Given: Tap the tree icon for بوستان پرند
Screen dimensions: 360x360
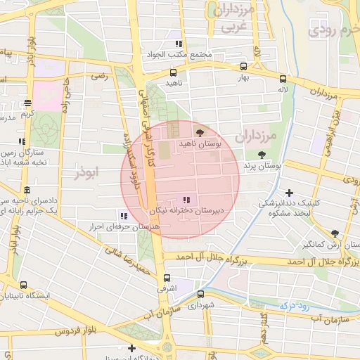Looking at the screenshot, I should point(262,155).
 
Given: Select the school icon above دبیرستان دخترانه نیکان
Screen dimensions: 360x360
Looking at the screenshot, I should point(186,200).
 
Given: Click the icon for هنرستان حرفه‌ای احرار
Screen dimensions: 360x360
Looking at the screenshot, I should point(124,217).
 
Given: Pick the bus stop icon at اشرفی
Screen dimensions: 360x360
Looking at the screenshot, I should point(166,278).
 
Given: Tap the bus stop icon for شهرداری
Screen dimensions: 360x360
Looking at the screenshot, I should point(200,295).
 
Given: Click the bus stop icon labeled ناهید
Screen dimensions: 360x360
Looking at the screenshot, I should point(173,72).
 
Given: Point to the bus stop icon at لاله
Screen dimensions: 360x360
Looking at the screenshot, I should point(283,79).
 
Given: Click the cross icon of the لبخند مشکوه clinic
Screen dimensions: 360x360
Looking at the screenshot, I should point(289,193).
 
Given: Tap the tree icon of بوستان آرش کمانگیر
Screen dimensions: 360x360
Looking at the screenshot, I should point(335,234).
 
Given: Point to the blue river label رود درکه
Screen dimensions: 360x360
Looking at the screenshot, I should point(295,305).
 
